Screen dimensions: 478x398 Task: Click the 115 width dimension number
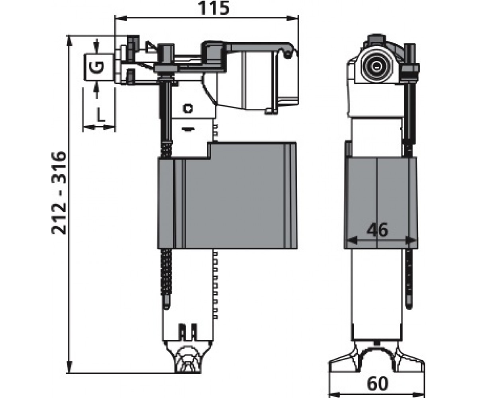pos(214,8)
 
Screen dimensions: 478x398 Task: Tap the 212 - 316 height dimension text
pos(59,193)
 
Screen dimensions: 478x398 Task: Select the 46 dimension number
pos(378,230)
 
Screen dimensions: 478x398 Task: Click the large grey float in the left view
pos(227,195)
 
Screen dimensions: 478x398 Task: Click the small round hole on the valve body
pos(188,108)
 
